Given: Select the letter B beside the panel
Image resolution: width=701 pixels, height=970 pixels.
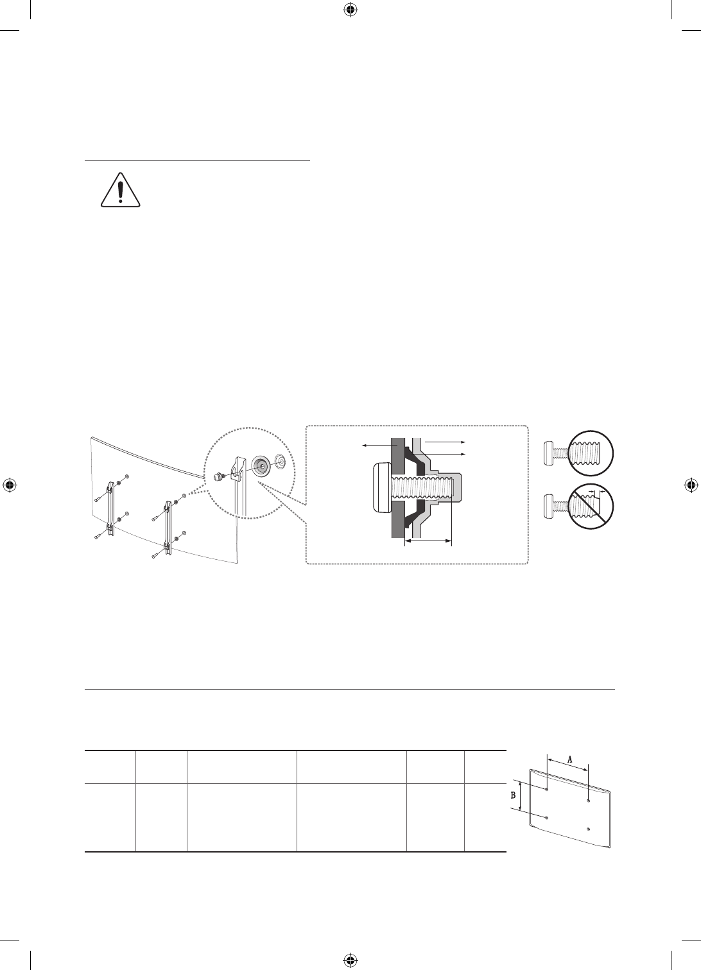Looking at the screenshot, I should tap(513, 794).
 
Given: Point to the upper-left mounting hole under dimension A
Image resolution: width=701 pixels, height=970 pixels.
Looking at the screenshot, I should tap(546, 788).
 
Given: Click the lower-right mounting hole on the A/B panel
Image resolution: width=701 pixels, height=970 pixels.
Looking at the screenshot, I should tap(589, 829).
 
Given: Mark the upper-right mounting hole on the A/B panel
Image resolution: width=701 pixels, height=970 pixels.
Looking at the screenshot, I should tap(589, 802).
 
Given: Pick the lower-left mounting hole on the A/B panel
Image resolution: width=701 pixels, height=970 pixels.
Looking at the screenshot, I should tap(546, 817).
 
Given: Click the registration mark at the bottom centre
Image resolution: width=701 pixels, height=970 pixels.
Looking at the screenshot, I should tap(350, 960).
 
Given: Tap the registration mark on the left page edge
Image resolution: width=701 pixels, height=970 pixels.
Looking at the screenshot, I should tap(10, 485).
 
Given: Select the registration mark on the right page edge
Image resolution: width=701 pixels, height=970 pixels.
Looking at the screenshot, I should tap(691, 485).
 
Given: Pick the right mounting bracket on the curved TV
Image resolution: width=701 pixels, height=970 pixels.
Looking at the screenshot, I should tap(168, 526).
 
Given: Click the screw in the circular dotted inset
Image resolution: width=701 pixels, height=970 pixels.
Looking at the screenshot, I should tap(220, 476).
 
